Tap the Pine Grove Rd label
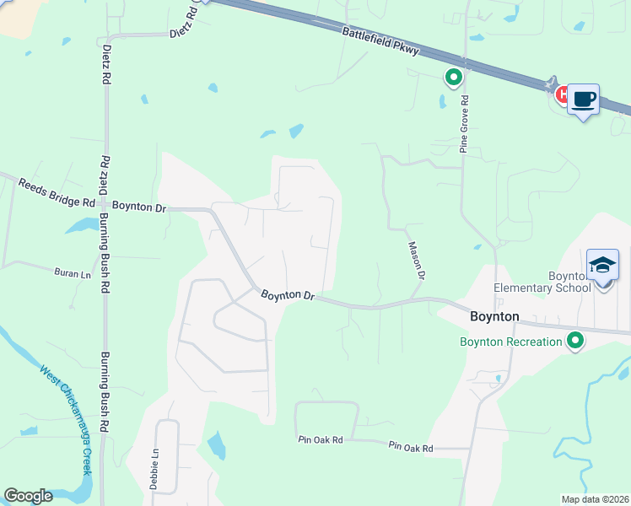pyautogui.click(x=464, y=124)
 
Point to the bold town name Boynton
pyautogui.click(x=493, y=316)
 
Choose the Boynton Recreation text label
pyautogui.click(x=510, y=342)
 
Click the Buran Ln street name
pyautogui.click(x=72, y=274)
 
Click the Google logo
pyautogui.click(x=28, y=496)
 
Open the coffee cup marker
pyautogui.click(x=583, y=100)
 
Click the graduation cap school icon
pyautogui.click(x=602, y=265)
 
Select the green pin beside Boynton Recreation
pyautogui.click(x=575, y=341)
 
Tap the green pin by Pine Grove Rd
pyautogui.click(x=453, y=78)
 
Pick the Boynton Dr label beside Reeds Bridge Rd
pyautogui.click(x=140, y=207)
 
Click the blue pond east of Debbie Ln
pyautogui.click(x=216, y=444)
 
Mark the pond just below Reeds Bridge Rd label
pyautogui.click(x=81, y=225)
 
